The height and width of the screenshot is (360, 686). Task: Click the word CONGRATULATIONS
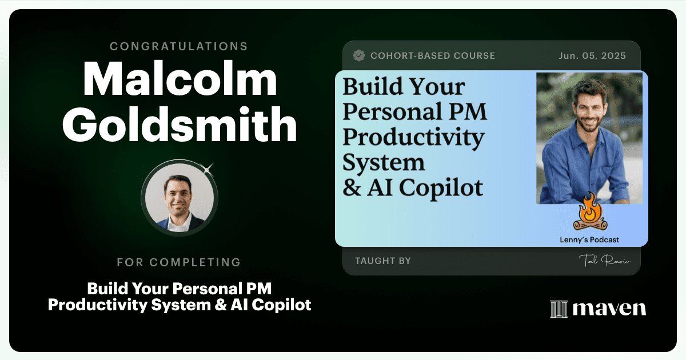coord(179,46)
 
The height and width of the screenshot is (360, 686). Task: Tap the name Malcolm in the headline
coord(180,79)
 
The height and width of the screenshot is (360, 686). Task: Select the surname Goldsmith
coord(180,125)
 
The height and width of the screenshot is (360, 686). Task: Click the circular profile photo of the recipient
coord(180,198)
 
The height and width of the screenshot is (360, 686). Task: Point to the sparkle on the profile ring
coord(208,169)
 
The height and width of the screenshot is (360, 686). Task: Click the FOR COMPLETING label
coord(179,262)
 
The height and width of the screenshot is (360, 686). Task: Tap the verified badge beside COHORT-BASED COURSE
coord(359,55)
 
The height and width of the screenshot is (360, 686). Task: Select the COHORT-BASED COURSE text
coord(433,56)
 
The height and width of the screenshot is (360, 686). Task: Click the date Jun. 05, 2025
coord(592,56)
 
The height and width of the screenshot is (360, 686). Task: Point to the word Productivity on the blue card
coord(413,138)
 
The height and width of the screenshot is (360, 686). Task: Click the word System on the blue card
coord(384,163)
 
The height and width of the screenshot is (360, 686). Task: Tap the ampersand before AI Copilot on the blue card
coord(352,187)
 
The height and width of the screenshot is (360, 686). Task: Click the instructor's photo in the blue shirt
coord(589,138)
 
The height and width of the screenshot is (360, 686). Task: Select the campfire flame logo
coord(590,212)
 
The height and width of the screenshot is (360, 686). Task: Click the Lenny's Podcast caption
coord(589,239)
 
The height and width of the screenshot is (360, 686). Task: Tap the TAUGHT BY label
coord(383,261)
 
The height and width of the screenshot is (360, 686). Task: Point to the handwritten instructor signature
coord(605,261)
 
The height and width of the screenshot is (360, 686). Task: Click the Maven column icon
coord(559,309)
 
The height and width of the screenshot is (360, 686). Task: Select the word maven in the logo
coord(609,308)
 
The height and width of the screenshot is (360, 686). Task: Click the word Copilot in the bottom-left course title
coord(281,306)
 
